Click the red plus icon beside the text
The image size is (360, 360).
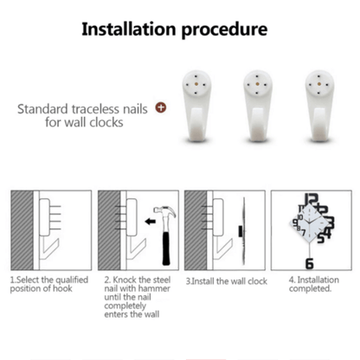point(160,109)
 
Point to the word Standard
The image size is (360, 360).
point(50,110)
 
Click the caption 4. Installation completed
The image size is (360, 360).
point(308,284)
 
